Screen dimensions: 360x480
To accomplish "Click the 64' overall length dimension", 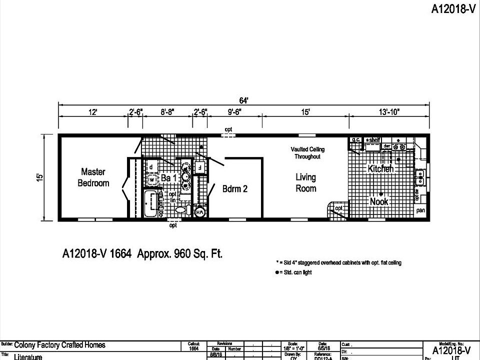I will click(243, 100).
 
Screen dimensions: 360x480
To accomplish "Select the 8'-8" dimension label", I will click(167, 112).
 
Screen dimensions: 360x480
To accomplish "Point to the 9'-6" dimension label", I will click(235, 112).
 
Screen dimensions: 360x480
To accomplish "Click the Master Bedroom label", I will click(93, 177).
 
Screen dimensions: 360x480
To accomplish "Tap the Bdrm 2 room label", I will click(235, 189).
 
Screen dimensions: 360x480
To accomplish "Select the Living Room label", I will click(305, 182).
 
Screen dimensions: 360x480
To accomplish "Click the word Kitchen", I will click(380, 169).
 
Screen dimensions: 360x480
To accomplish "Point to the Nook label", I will click(378, 201).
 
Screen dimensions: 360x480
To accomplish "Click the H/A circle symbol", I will click(199, 212).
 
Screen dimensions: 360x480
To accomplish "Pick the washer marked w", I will click(151, 179).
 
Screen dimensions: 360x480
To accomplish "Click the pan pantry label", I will click(420, 210).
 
